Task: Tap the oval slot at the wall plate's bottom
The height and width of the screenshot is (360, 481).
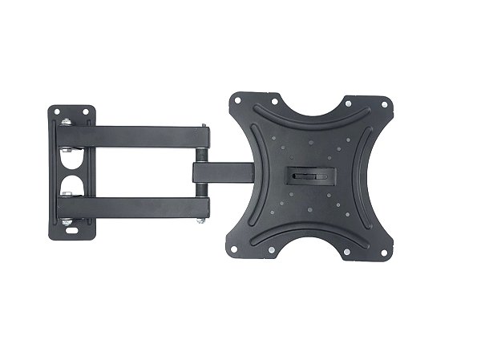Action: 75,229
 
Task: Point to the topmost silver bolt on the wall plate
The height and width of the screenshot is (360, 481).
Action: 63,123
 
